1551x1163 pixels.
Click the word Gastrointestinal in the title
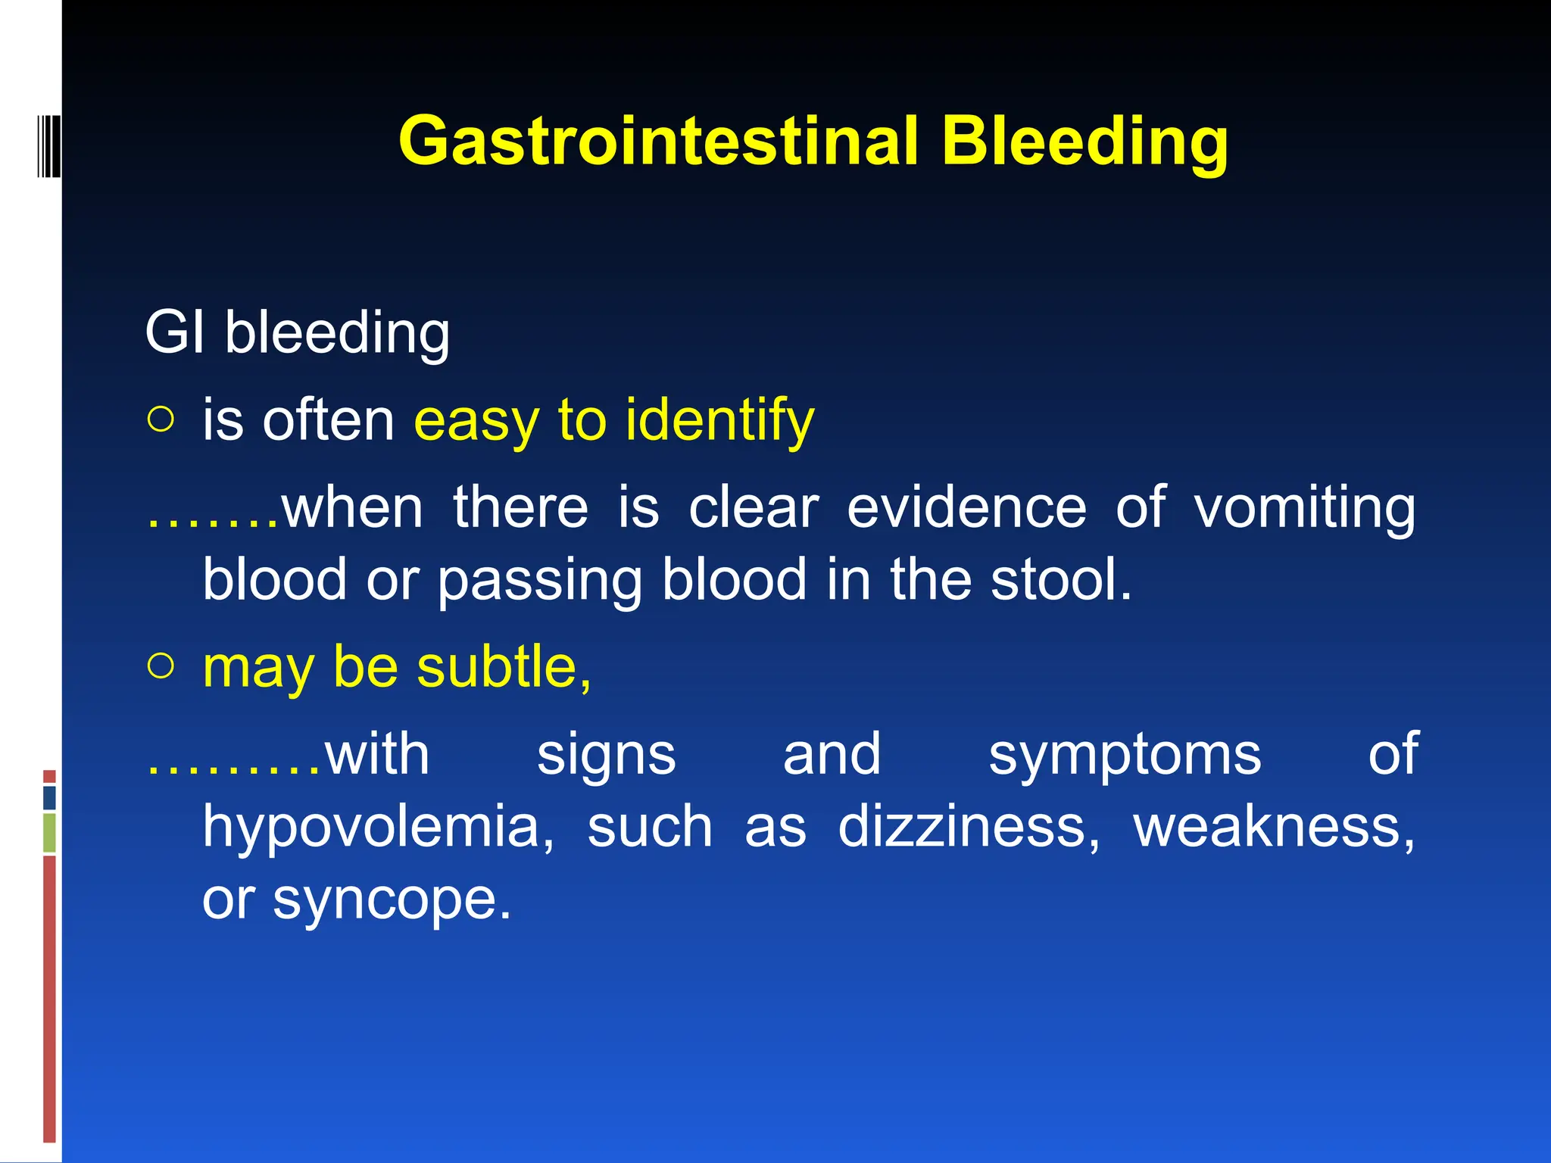click(x=657, y=141)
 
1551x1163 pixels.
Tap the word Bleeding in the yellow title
click(x=1084, y=141)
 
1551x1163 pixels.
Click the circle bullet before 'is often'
click(x=161, y=419)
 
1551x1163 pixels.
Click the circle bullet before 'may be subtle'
click(x=161, y=666)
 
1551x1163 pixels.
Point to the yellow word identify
click(x=719, y=421)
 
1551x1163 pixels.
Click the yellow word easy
click(x=479, y=421)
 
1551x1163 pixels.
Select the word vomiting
click(x=1304, y=509)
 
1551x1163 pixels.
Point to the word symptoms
click(x=1125, y=756)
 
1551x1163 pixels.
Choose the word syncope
click(x=392, y=900)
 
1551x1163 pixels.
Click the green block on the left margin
click(x=49, y=833)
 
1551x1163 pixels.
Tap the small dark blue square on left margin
click(x=49, y=797)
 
